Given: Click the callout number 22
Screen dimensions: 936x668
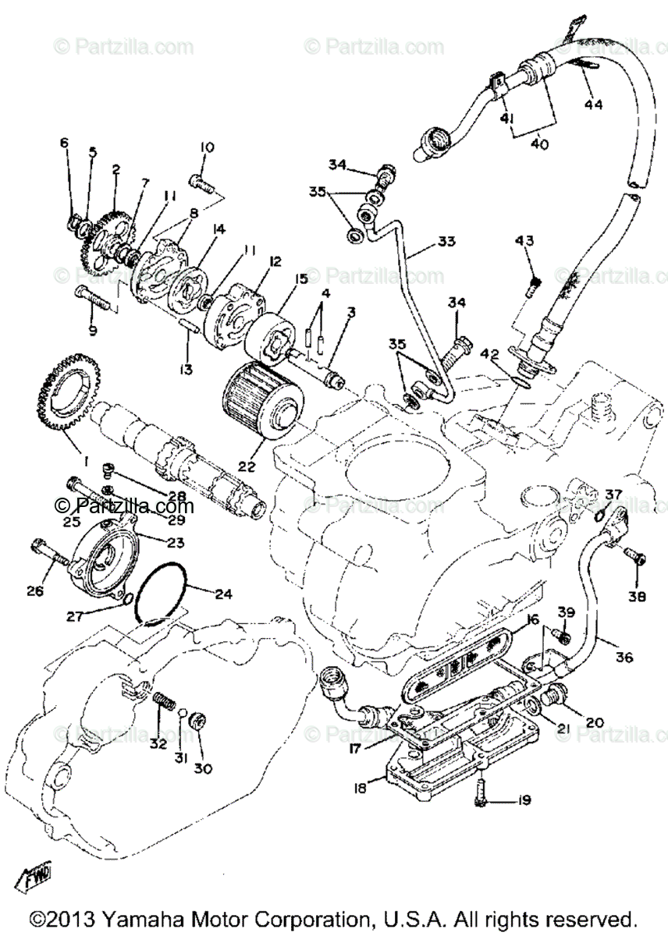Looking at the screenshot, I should click(x=247, y=466).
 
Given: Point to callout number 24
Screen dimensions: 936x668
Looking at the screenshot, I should click(x=223, y=594).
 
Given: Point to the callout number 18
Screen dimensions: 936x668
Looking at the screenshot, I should click(x=359, y=788).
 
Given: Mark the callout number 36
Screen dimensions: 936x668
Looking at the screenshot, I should click(x=624, y=657).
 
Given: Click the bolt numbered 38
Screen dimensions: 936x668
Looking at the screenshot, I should click(x=635, y=557).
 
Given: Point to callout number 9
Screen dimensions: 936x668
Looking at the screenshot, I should click(x=93, y=331).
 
